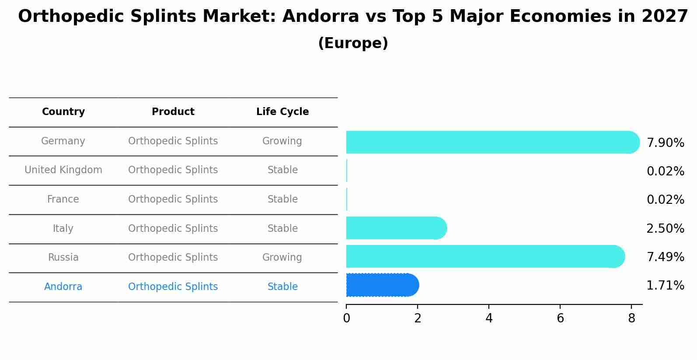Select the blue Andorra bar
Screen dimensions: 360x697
pyautogui.click(x=382, y=285)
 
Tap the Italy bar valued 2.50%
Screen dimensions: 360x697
pyautogui.click(x=396, y=228)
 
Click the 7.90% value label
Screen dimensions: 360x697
pyautogui.click(x=665, y=143)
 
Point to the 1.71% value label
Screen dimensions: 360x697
pyautogui.click(x=665, y=286)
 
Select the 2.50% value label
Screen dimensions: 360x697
pyautogui.click(x=665, y=229)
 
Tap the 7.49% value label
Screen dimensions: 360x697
pyautogui.click(x=665, y=257)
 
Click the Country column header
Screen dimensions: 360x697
pyautogui.click(x=63, y=112)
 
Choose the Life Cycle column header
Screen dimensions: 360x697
pyautogui.click(x=282, y=112)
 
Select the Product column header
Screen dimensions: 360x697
pyautogui.click(x=173, y=112)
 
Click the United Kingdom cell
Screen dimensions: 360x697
pyautogui.click(x=63, y=170)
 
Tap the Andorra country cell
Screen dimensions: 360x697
pyautogui.click(x=63, y=287)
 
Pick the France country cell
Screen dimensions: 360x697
pyautogui.click(x=63, y=199)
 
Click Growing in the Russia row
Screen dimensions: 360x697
pyautogui.click(x=282, y=258)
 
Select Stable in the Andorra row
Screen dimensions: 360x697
pyautogui.click(x=282, y=287)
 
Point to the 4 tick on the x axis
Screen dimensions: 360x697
pyautogui.click(x=489, y=318)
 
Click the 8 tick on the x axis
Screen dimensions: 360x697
pyautogui.click(x=631, y=318)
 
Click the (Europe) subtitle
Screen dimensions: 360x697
pyautogui.click(x=353, y=43)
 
